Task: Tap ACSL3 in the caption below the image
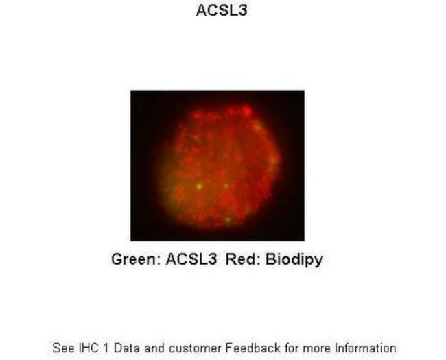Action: [x=191, y=260]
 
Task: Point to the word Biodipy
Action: [x=293, y=260]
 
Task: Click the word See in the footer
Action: [x=63, y=348]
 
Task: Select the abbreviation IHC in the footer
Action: [x=90, y=348]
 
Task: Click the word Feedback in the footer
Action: [x=248, y=348]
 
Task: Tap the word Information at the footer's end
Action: [x=364, y=348]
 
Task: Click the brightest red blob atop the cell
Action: [x=244, y=110]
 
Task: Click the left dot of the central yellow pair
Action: [x=199, y=186]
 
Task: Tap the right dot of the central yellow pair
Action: [x=226, y=186]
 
